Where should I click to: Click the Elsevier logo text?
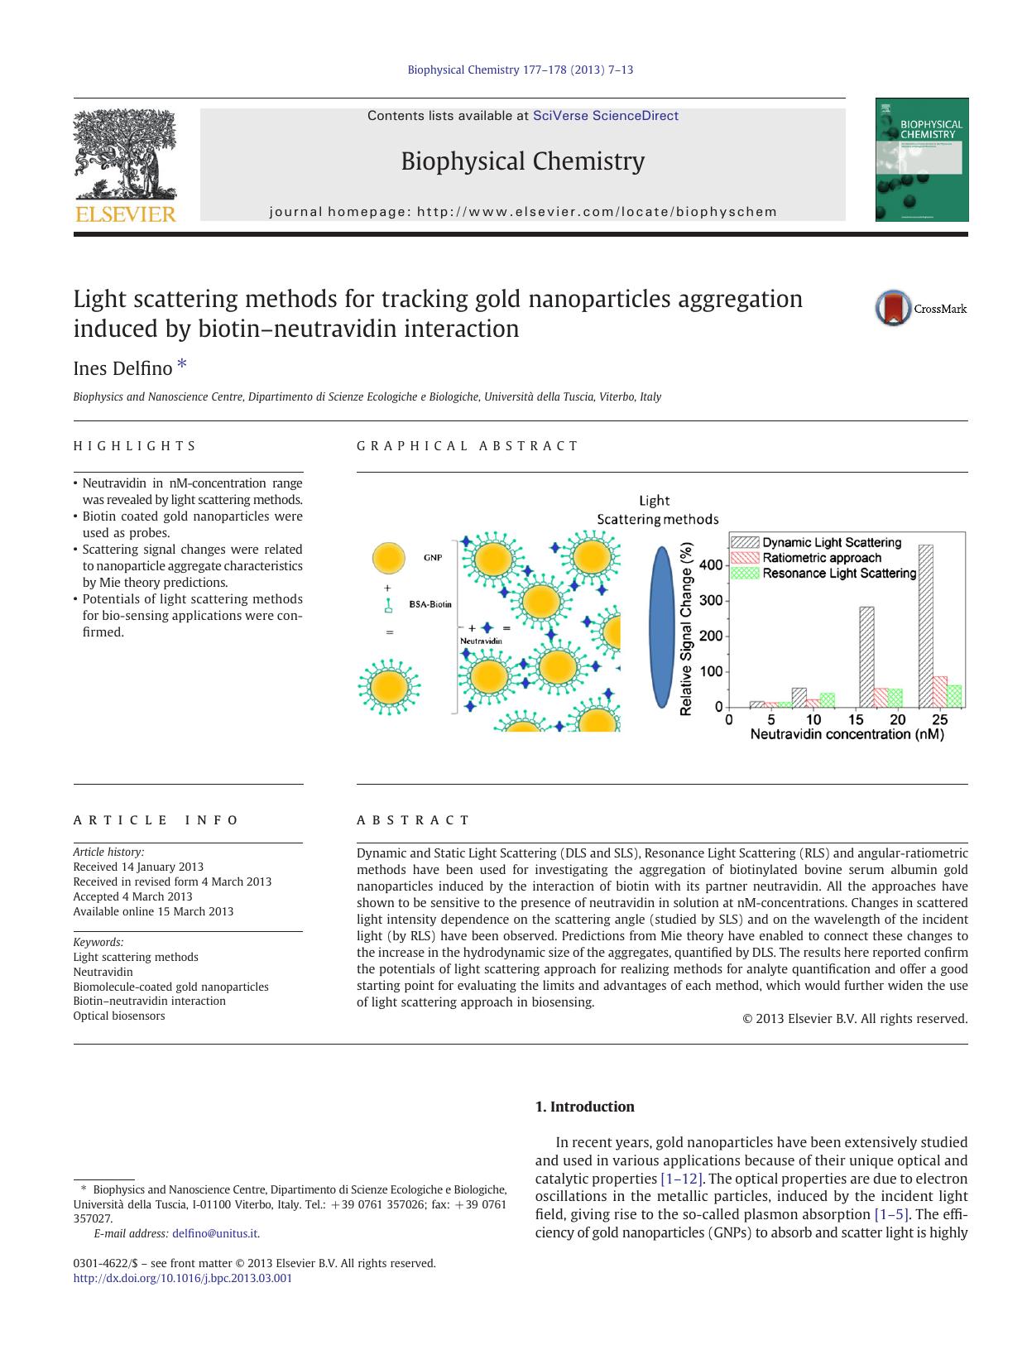(x=126, y=214)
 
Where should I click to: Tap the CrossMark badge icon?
(x=893, y=309)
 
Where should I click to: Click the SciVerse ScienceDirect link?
(x=605, y=116)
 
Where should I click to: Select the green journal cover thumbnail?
(x=922, y=160)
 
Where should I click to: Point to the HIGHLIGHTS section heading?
(x=135, y=446)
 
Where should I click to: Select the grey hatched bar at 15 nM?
(x=866, y=656)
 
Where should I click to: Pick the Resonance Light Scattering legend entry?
(x=838, y=573)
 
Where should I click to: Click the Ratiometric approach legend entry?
(x=821, y=558)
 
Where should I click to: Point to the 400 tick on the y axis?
(x=711, y=565)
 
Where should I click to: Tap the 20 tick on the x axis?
(x=897, y=719)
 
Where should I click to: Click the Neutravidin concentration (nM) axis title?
(x=847, y=734)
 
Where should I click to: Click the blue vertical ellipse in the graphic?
(x=660, y=627)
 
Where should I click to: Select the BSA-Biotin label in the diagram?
(x=430, y=604)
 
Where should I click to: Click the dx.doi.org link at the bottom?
(x=183, y=1278)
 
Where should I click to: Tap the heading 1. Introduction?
(x=584, y=1107)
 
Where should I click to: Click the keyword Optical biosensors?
(x=119, y=1016)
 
